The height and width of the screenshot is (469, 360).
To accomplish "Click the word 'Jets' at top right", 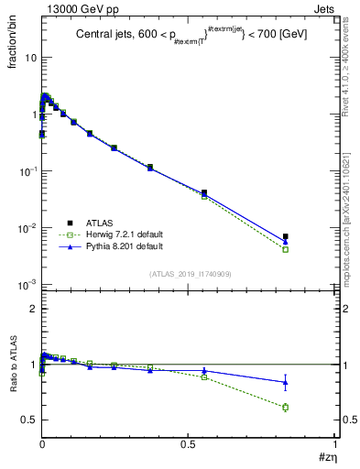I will tap(325, 7).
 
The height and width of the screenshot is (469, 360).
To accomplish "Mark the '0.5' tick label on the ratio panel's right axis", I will tap(348, 420).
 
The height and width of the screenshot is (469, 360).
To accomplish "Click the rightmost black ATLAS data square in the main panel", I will tap(286, 236).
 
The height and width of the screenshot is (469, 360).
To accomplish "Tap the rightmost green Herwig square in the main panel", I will tap(286, 249).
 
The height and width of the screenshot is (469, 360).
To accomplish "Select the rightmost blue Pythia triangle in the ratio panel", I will tap(286, 382).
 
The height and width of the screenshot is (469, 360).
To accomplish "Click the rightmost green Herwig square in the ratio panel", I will tap(286, 407).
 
